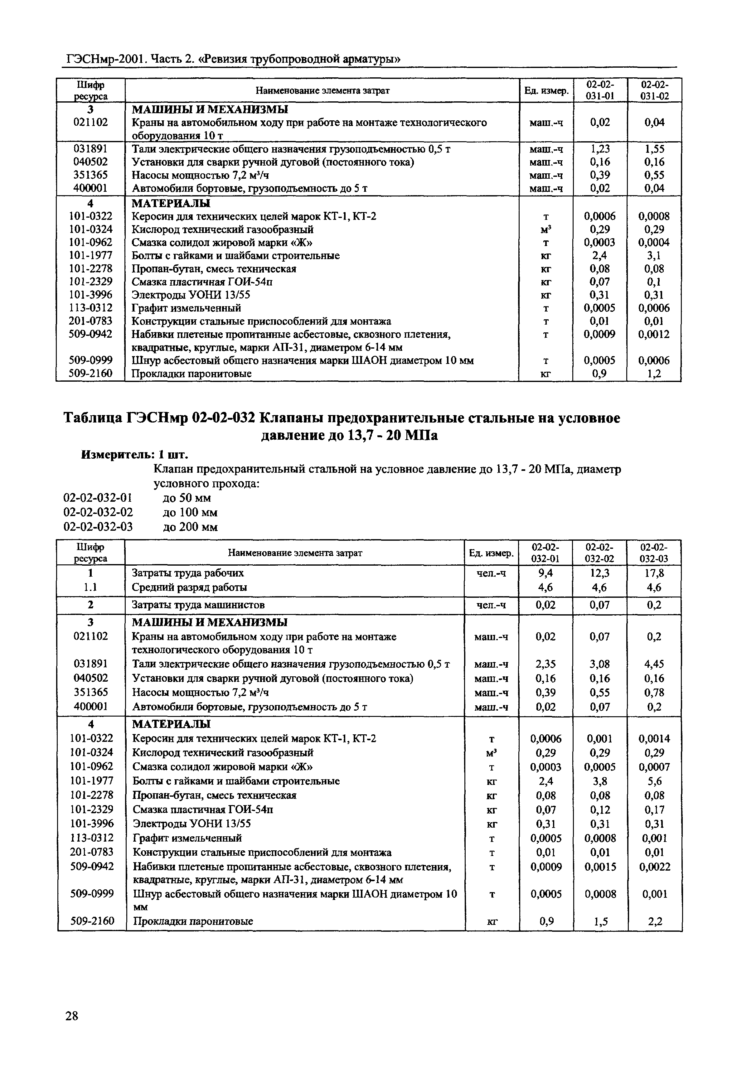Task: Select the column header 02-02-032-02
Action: pos(599,553)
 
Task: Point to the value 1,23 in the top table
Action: pos(600,149)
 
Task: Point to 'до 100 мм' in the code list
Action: pos(190,512)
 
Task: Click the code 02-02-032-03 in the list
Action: pos(98,527)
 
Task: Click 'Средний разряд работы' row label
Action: pos(189,587)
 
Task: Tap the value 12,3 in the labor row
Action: pos(599,573)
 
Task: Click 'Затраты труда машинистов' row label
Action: pos(199,605)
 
